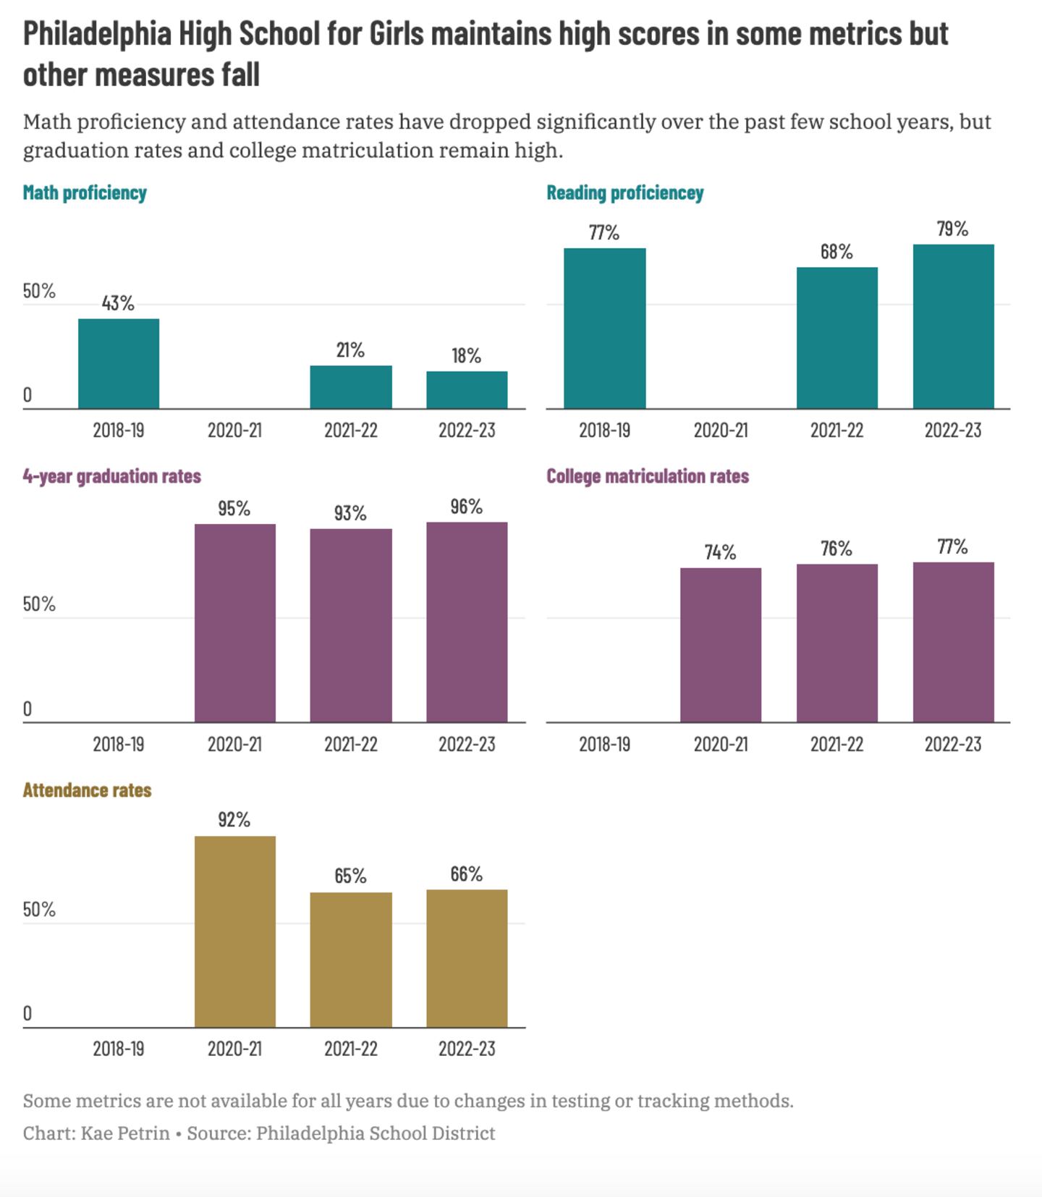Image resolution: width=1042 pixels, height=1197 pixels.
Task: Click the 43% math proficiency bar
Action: (x=119, y=363)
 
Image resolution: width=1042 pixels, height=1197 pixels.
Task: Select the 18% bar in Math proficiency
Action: (x=467, y=390)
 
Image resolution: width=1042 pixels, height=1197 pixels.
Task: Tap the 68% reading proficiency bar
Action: (x=837, y=338)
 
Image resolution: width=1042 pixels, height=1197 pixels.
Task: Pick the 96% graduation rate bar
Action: (x=467, y=622)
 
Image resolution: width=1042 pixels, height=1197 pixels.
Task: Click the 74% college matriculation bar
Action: (x=721, y=645)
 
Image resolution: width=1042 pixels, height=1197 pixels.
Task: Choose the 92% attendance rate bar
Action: (x=234, y=931)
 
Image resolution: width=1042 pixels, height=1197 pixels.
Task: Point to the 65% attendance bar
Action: (x=351, y=960)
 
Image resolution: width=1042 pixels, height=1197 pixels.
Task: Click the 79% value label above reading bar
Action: (x=952, y=229)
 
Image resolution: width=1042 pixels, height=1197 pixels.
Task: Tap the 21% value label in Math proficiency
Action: (x=350, y=351)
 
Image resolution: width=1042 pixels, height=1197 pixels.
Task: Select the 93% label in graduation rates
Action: (x=350, y=514)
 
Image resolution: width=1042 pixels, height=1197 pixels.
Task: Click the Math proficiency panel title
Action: (x=85, y=193)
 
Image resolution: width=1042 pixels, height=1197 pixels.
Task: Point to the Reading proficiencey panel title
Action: (x=624, y=193)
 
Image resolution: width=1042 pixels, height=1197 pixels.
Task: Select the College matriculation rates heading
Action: (x=647, y=476)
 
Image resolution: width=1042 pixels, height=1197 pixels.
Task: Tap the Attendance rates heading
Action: (x=87, y=790)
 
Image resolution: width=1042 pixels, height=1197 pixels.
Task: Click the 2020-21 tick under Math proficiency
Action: (x=234, y=431)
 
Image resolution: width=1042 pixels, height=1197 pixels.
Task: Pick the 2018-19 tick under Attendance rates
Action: (x=119, y=1049)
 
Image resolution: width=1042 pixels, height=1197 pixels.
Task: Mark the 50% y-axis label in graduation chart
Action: (x=39, y=604)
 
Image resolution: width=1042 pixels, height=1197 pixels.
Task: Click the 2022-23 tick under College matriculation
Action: (x=953, y=744)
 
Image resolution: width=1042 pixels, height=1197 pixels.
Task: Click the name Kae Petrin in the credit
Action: (x=125, y=1133)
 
